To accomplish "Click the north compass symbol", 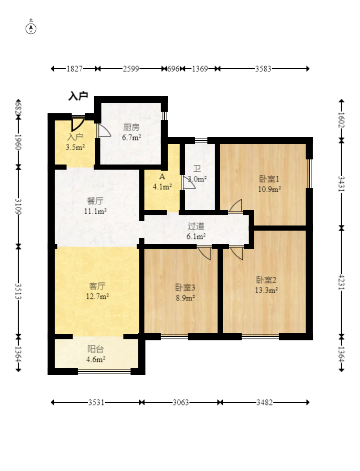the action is coord(31,29).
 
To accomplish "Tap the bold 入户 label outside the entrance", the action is coord(78,96).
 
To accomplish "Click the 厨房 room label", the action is coord(131,128).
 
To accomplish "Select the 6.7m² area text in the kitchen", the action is coord(132,137).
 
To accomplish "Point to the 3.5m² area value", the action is coord(75,147).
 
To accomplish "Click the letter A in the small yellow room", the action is coord(162,176).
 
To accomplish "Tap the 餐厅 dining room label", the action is coord(95,201).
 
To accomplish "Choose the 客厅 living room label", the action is coord(97,286).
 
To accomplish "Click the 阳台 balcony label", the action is coord(95,349).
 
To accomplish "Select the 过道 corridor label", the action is coord(196,226).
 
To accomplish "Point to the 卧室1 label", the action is coord(269,179).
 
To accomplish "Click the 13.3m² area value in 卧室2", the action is coord(266,290).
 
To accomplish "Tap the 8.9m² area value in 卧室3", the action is coord(185,298).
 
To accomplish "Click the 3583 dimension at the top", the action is coord(263,69).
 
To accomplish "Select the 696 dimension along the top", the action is coord(173,69).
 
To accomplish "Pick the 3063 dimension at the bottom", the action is coord(181,402).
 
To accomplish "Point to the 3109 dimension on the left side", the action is coord(18,207).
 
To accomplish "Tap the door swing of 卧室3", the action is coord(205,253).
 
